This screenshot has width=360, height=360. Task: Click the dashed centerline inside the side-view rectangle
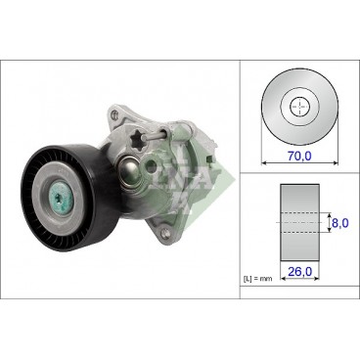300,222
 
